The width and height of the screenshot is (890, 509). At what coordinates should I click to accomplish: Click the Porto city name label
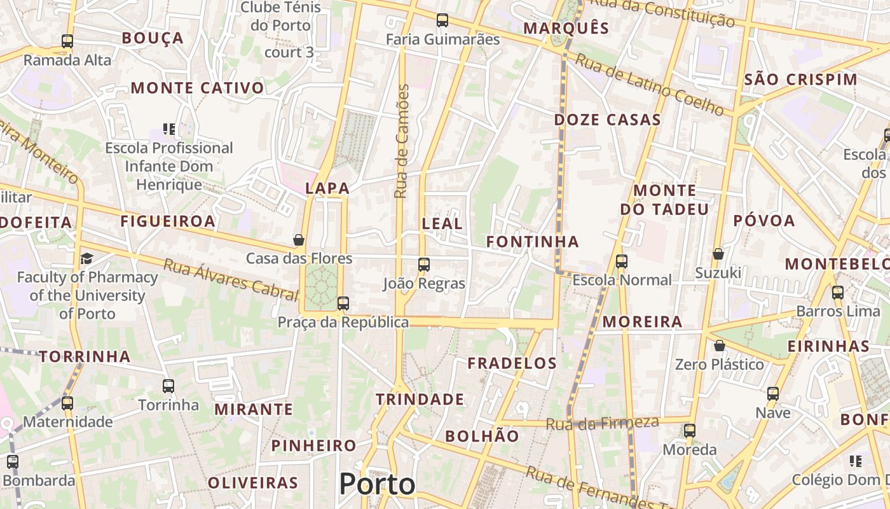(x=377, y=484)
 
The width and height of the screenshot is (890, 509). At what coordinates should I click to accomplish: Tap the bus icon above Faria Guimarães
(x=442, y=20)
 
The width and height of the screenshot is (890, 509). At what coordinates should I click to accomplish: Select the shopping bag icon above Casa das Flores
(x=299, y=240)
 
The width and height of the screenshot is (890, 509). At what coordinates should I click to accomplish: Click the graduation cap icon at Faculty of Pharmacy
(x=86, y=258)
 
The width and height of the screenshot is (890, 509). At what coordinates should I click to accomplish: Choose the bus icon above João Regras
(x=424, y=265)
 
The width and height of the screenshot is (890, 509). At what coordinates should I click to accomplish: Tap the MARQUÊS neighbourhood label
(x=566, y=28)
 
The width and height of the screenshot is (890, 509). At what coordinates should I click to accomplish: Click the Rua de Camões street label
(x=401, y=141)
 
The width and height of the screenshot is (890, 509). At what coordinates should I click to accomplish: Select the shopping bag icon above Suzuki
(x=718, y=254)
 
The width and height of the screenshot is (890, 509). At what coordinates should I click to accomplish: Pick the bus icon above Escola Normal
(x=622, y=261)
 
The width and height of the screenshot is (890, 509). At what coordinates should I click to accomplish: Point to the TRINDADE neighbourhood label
(x=420, y=400)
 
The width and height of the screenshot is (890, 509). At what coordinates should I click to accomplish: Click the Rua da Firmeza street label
(x=602, y=423)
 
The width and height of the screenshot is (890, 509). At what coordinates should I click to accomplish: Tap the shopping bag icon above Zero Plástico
(x=720, y=346)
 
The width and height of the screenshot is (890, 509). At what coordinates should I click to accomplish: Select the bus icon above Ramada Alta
(x=67, y=41)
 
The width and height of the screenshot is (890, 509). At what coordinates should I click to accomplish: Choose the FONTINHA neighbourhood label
(x=533, y=242)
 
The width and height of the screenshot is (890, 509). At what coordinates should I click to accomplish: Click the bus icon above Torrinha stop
(x=168, y=386)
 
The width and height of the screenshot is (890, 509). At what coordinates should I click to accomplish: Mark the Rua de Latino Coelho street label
(x=650, y=85)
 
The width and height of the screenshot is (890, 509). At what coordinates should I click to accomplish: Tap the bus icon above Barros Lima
(x=838, y=293)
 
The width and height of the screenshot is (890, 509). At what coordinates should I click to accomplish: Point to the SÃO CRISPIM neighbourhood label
(x=800, y=80)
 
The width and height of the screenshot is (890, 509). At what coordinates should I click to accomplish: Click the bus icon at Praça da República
(x=343, y=303)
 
